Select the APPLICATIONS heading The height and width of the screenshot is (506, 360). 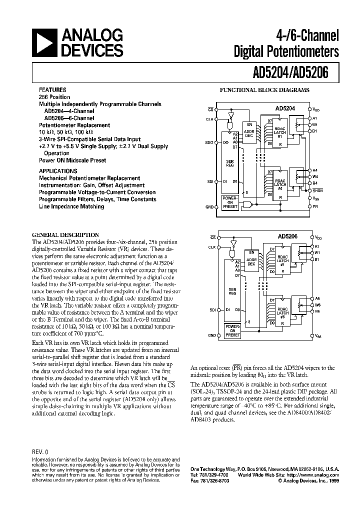point(59,170)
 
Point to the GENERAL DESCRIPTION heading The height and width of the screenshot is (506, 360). point(65,235)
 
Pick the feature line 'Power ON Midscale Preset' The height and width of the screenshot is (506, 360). point(72,160)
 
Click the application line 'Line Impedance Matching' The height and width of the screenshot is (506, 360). point(71,206)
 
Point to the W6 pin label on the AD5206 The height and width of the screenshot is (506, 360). point(317,304)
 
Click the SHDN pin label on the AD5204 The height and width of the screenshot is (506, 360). point(316,190)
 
